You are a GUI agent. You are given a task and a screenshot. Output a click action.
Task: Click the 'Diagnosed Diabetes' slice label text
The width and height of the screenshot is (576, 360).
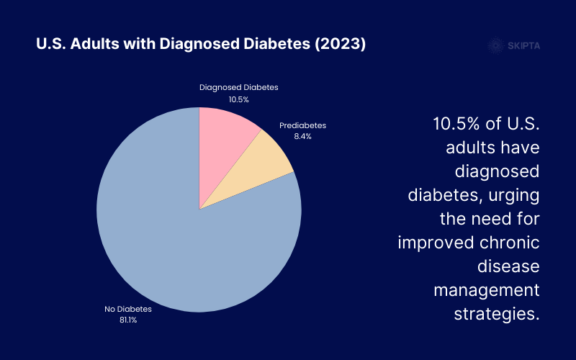tap(238, 87)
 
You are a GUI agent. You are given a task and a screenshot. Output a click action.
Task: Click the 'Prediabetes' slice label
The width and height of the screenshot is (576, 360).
tap(302, 126)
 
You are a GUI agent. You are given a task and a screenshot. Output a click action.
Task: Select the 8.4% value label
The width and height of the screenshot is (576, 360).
tap(302, 136)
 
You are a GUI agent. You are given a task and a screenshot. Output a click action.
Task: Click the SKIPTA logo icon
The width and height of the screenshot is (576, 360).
tap(495, 45)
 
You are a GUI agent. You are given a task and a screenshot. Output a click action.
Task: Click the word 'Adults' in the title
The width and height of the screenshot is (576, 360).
tap(94, 45)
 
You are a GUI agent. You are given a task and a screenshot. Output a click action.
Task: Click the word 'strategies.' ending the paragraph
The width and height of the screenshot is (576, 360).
tap(496, 314)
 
